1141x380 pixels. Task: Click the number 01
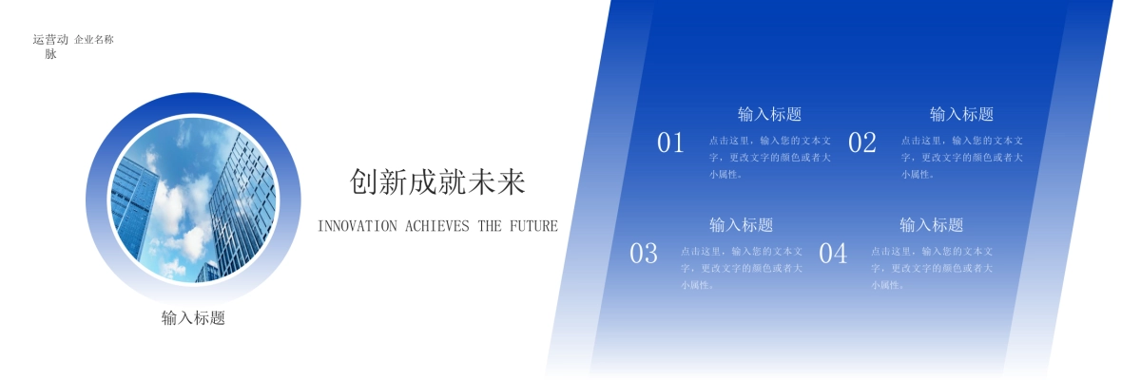pyautogui.click(x=670, y=142)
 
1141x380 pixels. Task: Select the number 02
pyautogui.click(x=861, y=142)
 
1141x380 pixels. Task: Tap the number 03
pyautogui.click(x=644, y=254)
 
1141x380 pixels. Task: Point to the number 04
pyautogui.click(x=833, y=254)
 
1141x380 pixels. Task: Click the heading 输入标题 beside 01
pyautogui.click(x=769, y=114)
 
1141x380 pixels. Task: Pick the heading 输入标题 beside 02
pyautogui.click(x=961, y=114)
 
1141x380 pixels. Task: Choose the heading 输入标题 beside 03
pyautogui.click(x=741, y=225)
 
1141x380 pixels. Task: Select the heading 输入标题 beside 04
pyautogui.click(x=931, y=225)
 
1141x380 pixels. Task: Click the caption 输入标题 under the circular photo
pyautogui.click(x=193, y=318)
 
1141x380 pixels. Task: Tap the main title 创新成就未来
pyautogui.click(x=437, y=181)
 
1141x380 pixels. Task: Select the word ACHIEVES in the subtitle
pyautogui.click(x=436, y=226)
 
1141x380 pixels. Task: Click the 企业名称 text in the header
pyautogui.click(x=94, y=40)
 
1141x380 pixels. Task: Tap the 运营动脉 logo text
pyautogui.click(x=50, y=47)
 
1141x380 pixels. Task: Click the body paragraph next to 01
pyautogui.click(x=770, y=157)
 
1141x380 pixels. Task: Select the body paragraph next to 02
pyautogui.click(x=962, y=157)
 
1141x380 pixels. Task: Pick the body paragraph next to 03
pyautogui.click(x=742, y=268)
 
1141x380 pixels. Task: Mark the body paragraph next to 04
pyautogui.click(x=932, y=268)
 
